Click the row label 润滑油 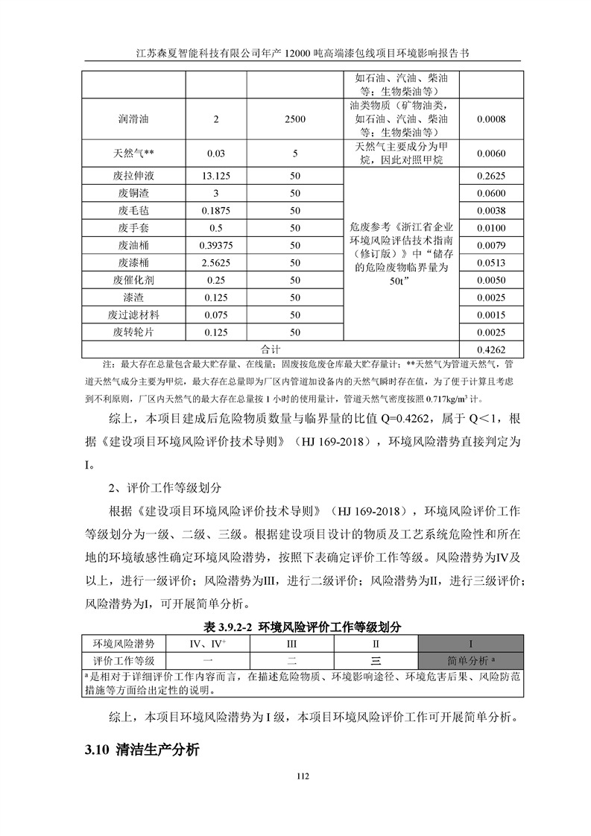click(x=133, y=118)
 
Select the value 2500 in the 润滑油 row click(x=295, y=118)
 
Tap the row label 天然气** click(x=133, y=153)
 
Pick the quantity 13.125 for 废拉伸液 click(x=216, y=176)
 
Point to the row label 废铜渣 click(x=133, y=193)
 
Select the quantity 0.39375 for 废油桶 click(x=216, y=245)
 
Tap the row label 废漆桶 click(x=133, y=262)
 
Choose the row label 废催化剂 click(x=133, y=280)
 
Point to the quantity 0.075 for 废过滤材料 click(x=216, y=314)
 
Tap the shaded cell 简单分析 click(x=471, y=660)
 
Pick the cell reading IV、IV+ click(x=208, y=644)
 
